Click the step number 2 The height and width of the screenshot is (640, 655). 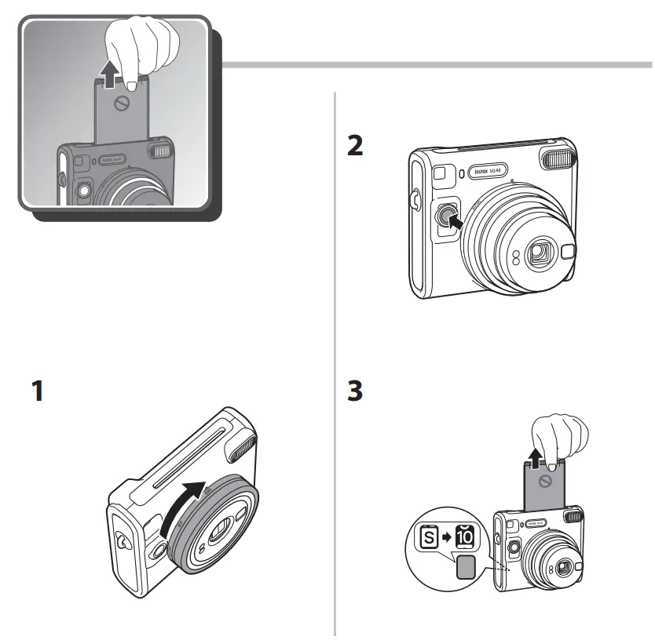(x=356, y=147)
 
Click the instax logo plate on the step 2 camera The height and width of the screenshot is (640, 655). (x=490, y=171)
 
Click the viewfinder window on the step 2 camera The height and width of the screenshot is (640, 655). (x=440, y=172)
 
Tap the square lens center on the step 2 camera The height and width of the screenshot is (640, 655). (x=539, y=253)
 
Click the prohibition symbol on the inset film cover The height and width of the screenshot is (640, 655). (x=119, y=104)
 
